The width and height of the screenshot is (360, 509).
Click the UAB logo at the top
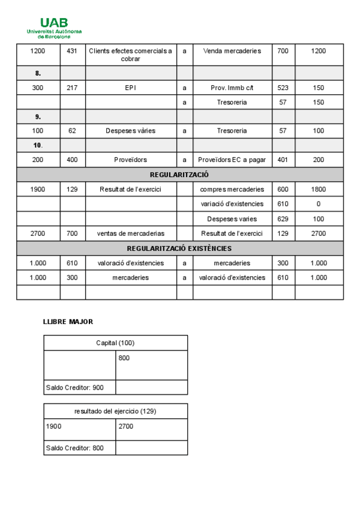pos(54,26)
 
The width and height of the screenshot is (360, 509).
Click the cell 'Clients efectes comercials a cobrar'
pos(130,55)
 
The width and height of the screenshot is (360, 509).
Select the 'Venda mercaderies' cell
pos(232,51)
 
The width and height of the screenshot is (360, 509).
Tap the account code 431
pos(72,51)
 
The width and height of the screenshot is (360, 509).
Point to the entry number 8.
pos(38,73)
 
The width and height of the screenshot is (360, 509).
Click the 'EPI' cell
pos(130,88)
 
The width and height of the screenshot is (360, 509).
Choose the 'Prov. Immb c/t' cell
pos(232,88)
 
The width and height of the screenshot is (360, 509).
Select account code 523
pos(283,88)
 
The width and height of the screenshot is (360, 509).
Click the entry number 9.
pos(38,116)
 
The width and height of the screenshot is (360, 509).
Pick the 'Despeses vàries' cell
pos(130,131)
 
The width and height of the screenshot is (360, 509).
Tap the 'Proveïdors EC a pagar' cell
pos(232,160)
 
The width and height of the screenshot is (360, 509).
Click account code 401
pos(283,160)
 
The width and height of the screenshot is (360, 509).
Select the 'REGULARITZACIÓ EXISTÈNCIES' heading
pos(179,248)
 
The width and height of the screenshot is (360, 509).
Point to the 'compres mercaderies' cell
pos(232,190)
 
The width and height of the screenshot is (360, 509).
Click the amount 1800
pos(319,190)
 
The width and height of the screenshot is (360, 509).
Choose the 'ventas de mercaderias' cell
pos(130,233)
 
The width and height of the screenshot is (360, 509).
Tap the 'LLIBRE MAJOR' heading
pos(68,322)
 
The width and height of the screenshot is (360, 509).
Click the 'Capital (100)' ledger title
pos(115,343)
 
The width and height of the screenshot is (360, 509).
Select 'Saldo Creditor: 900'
pos(75,388)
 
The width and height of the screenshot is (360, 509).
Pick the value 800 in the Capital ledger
pos(124,358)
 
